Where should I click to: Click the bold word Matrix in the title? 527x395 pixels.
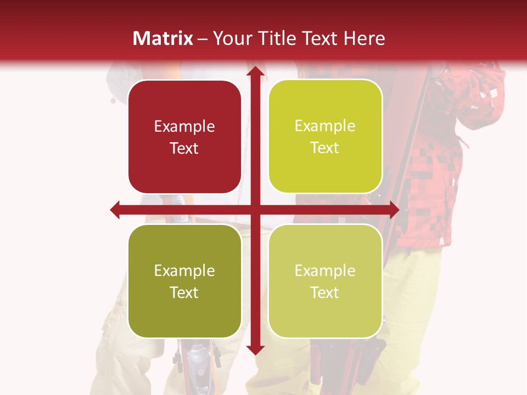(x=163, y=38)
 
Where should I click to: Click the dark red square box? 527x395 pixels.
(x=184, y=137)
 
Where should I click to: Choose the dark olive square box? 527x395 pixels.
(x=184, y=281)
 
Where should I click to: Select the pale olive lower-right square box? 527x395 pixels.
(x=325, y=281)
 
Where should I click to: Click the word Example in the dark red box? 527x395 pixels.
(x=184, y=126)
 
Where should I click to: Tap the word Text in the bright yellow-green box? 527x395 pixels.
(x=325, y=148)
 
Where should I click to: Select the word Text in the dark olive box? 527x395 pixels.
(x=184, y=292)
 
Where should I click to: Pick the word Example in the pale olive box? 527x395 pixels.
(x=325, y=270)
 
